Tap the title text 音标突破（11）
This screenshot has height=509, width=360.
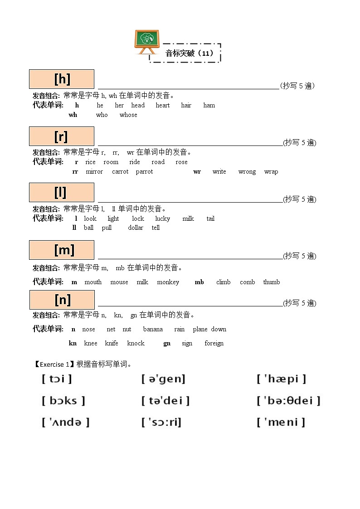coord(190,53)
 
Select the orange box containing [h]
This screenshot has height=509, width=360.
coord(62,79)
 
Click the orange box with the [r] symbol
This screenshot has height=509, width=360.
coord(62,136)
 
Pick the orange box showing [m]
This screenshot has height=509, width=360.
coord(62,250)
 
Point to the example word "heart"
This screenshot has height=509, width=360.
coord(162,105)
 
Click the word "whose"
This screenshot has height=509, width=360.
coord(128,115)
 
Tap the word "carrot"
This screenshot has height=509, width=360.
coord(120,172)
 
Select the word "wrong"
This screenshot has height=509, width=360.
coord(247,172)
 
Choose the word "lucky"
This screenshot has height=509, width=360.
coord(162,218)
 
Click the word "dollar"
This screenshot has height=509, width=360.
coord(136,228)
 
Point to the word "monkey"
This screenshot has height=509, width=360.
coord(168,282)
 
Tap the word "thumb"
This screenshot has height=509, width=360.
coord(271,282)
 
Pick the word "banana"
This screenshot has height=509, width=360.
coord(153,330)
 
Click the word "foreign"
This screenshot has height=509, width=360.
coord(214,344)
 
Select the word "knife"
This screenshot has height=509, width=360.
coord(112,344)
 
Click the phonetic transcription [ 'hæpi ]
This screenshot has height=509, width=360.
coord(281,379)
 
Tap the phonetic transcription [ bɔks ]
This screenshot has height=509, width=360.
coord(63,401)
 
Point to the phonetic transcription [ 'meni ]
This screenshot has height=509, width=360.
coord(281,422)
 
